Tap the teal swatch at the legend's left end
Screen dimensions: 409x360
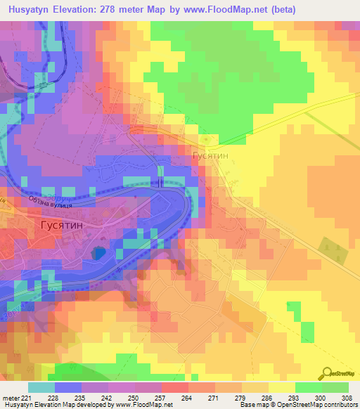click(41, 387)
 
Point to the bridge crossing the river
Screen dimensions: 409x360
click(161, 181)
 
